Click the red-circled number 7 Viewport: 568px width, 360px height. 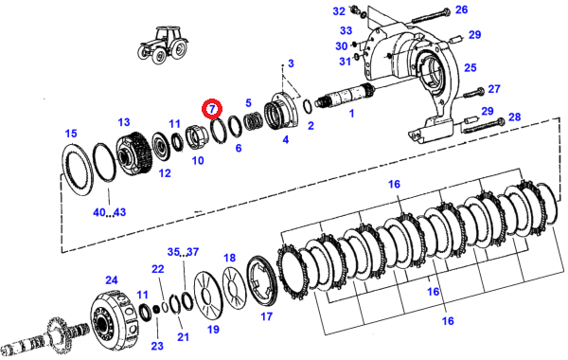pyautogui.click(x=212, y=109)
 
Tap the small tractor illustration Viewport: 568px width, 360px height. pyautogui.click(x=164, y=45)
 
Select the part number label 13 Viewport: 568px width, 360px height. pyautogui.click(x=124, y=122)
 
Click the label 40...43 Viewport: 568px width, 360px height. pyautogui.click(x=110, y=212)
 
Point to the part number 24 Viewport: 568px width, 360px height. pyautogui.click(x=112, y=279)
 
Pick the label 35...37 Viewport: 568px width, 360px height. pyautogui.click(x=183, y=252)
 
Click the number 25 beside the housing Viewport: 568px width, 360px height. pyautogui.click(x=470, y=67)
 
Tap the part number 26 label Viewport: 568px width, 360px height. pyautogui.click(x=462, y=9)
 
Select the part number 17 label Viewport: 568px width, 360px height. pyautogui.click(x=266, y=316)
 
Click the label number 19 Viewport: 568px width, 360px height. pyautogui.click(x=213, y=329)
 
